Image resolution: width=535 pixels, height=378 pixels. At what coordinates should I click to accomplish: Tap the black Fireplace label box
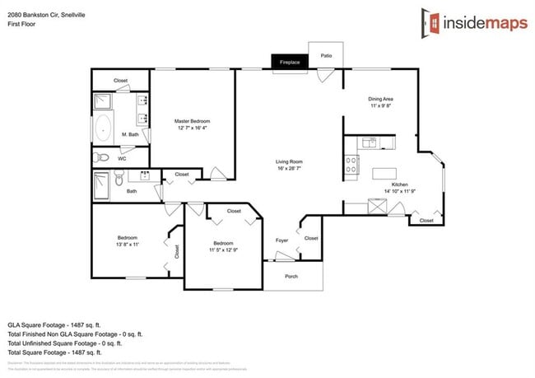289,62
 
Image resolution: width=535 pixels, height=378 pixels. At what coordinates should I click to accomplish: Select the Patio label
327,56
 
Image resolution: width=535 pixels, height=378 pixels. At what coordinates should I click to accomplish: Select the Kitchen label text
399,184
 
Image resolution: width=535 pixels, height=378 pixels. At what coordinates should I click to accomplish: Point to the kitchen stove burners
351,166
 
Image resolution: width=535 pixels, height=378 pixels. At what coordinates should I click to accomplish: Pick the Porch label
291,277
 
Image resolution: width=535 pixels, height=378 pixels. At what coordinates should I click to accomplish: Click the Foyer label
281,240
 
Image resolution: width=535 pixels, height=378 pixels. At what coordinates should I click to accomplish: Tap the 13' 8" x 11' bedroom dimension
127,245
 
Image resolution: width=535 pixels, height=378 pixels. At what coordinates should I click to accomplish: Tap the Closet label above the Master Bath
120,81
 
